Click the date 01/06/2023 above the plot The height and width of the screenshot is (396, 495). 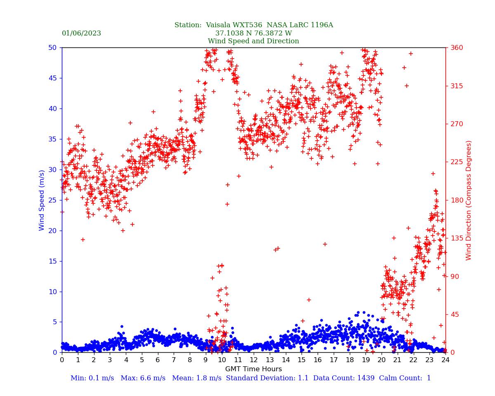(81, 33)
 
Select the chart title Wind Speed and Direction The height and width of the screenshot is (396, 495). (253, 41)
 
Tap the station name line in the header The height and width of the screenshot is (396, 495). (253, 25)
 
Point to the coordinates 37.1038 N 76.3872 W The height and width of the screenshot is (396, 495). (253, 33)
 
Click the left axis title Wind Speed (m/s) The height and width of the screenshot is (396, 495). (42, 200)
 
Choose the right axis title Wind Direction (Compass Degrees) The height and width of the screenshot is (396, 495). (469, 200)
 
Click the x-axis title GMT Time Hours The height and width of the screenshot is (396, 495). (253, 369)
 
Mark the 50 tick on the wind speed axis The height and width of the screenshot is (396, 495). (52, 48)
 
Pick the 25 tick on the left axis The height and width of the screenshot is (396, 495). (52, 200)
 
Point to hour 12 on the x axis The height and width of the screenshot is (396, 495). (254, 360)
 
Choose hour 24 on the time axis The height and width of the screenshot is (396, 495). (445, 360)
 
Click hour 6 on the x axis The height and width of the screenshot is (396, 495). (158, 360)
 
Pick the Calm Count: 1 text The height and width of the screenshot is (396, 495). (405, 378)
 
